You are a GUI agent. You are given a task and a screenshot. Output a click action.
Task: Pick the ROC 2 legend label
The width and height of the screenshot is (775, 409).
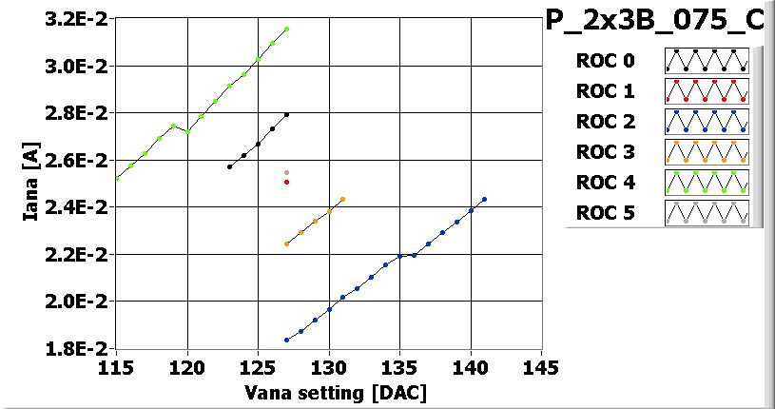tap(604, 121)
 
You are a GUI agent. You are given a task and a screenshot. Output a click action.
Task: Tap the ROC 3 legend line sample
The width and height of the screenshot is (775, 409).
tap(707, 151)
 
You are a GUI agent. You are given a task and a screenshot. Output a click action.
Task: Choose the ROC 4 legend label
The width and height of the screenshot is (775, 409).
tap(604, 182)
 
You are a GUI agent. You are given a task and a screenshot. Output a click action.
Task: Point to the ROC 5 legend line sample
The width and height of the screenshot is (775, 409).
tap(707, 212)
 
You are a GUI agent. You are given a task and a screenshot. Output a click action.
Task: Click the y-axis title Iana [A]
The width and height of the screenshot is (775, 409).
tap(29, 184)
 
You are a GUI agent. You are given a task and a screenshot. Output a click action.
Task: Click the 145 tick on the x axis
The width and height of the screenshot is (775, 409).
tap(541, 366)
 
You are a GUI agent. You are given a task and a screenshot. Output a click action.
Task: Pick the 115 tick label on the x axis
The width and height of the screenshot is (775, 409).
tap(116, 366)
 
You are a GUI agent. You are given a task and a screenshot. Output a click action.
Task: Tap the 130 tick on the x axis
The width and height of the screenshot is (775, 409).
tap(329, 366)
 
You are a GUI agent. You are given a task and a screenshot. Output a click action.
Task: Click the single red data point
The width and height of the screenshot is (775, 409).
tap(286, 182)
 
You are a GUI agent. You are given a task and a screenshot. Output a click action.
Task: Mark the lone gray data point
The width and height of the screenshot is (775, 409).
tap(286, 172)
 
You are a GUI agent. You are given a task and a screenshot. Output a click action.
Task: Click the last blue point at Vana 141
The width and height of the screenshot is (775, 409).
tap(485, 200)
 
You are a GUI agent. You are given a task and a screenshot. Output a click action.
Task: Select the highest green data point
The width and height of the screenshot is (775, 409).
tap(286, 29)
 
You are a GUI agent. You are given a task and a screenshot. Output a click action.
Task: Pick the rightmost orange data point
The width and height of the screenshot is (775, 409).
tap(342, 200)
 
